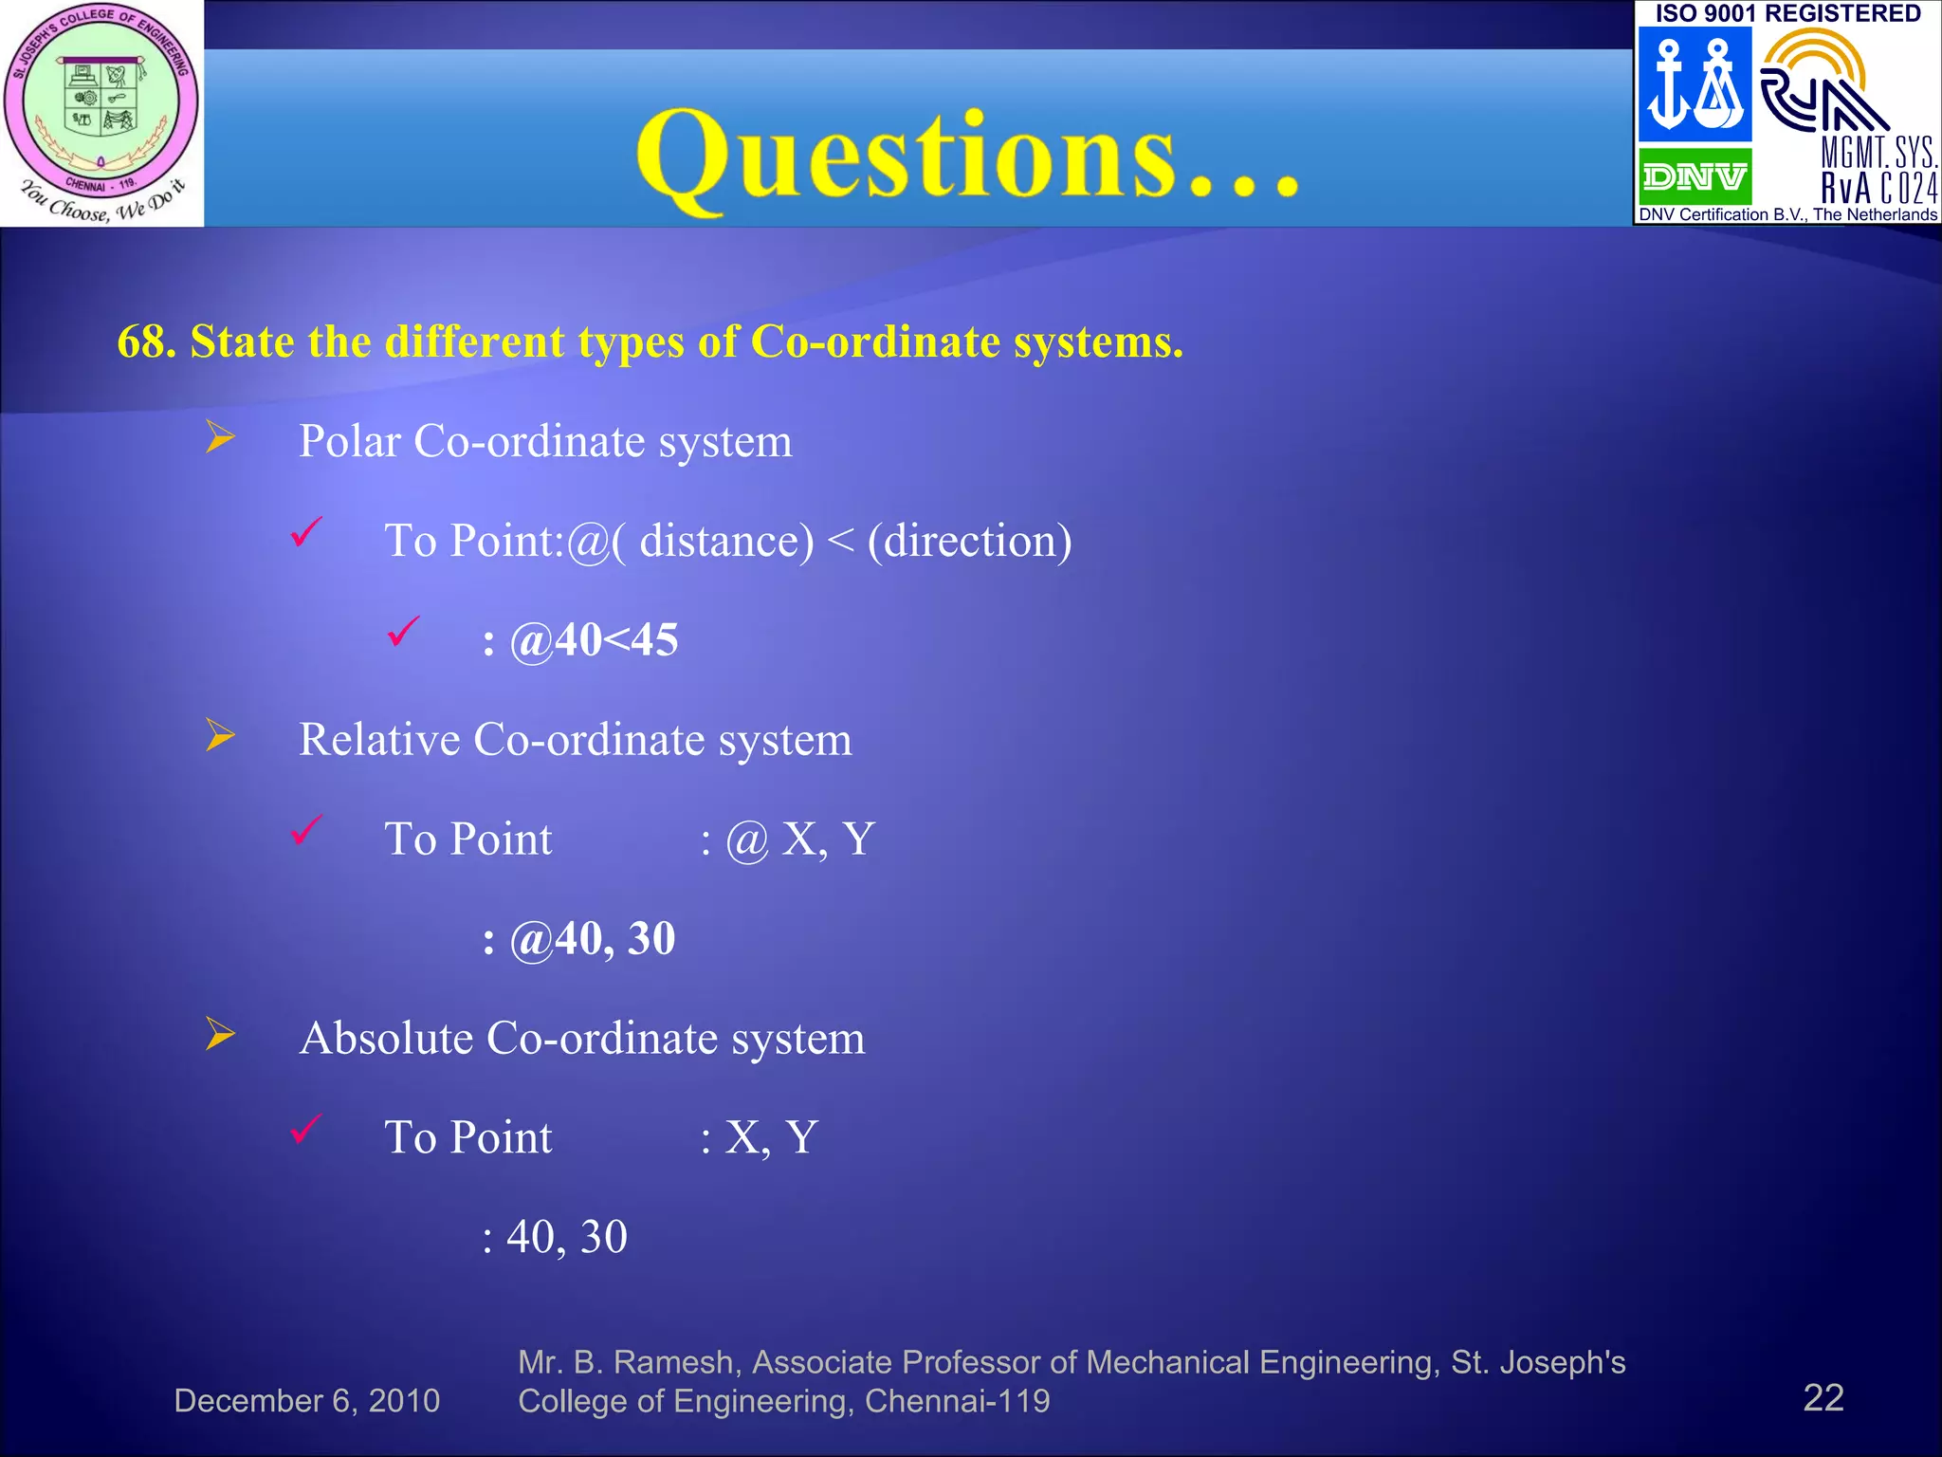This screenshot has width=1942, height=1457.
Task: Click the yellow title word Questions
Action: pos(967,157)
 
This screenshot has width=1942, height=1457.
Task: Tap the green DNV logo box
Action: pos(1695,176)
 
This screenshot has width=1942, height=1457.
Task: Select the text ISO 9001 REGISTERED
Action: pos(1787,13)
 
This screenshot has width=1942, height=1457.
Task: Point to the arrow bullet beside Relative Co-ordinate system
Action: pos(220,735)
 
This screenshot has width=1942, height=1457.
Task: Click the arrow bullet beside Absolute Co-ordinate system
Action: pos(220,1034)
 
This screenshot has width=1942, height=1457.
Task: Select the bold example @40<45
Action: pos(594,640)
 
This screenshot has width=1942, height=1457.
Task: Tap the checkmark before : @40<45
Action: pos(403,633)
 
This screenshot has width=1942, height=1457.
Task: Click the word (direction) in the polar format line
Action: pos(969,542)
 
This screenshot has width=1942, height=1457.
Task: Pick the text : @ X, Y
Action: pos(787,840)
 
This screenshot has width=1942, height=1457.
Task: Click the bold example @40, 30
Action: pos(592,939)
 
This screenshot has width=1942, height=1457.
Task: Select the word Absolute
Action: pos(386,1039)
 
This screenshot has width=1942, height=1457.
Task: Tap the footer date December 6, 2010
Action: pos(306,1401)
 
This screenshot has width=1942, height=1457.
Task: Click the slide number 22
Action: pos(1823,1398)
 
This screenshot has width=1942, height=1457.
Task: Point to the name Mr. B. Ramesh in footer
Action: pos(626,1363)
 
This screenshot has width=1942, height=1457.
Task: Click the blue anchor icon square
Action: pos(1695,84)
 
